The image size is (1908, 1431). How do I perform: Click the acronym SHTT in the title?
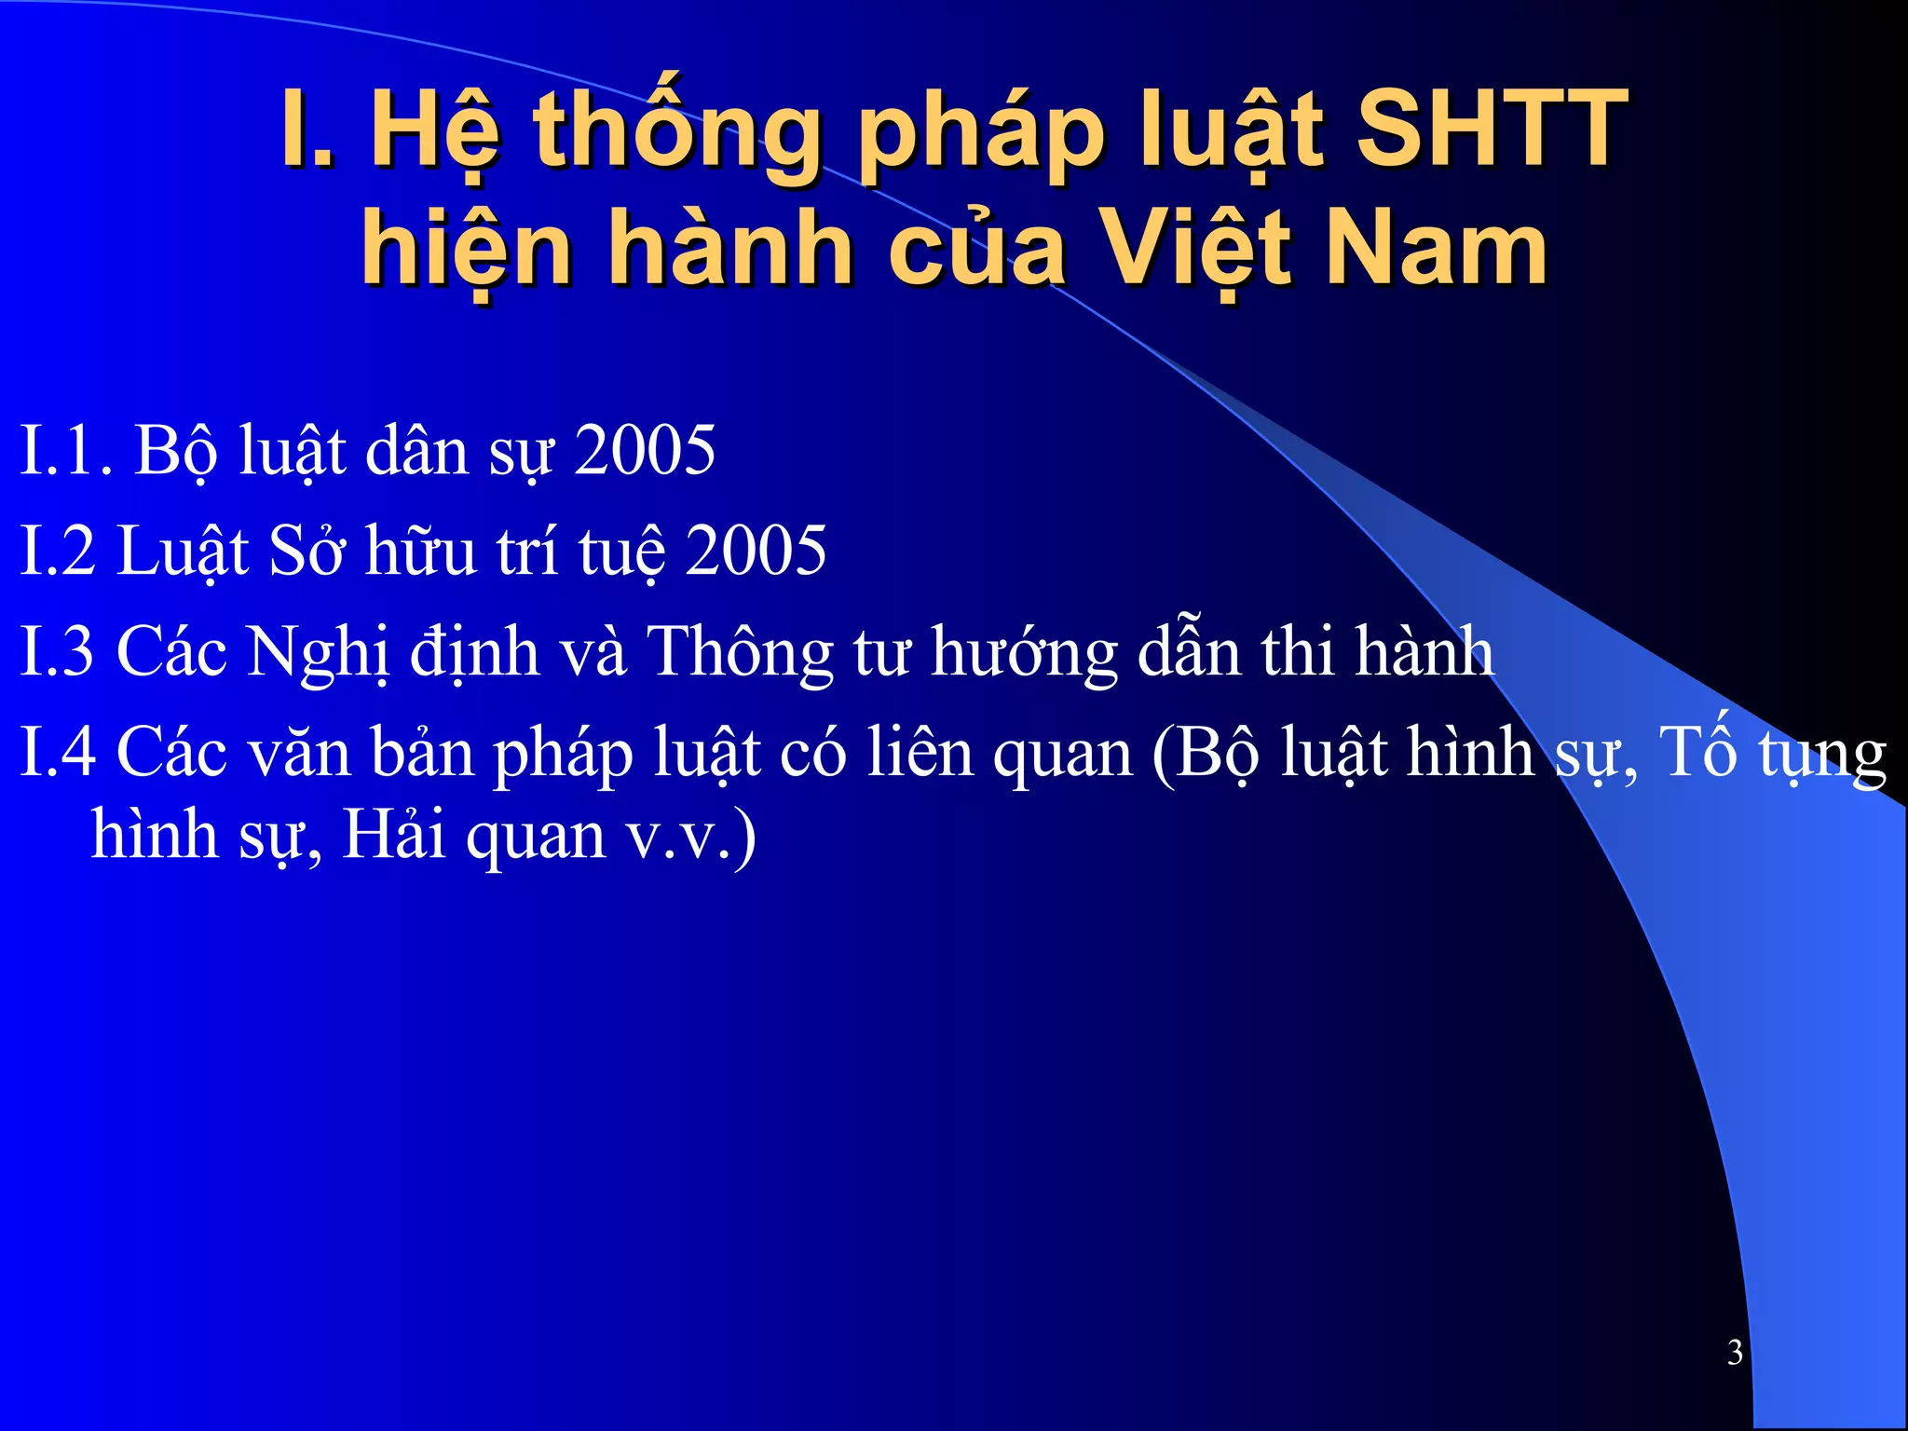(1491, 129)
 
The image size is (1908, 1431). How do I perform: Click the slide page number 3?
(1735, 1352)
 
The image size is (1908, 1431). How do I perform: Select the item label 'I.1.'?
(66, 451)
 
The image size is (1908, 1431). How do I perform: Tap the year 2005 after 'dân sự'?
(645, 451)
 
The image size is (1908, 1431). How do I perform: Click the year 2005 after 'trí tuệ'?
(756, 551)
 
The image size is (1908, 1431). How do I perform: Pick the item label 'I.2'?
(57, 551)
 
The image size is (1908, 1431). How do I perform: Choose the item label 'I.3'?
(57, 651)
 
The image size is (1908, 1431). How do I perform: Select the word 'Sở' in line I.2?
(307, 551)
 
